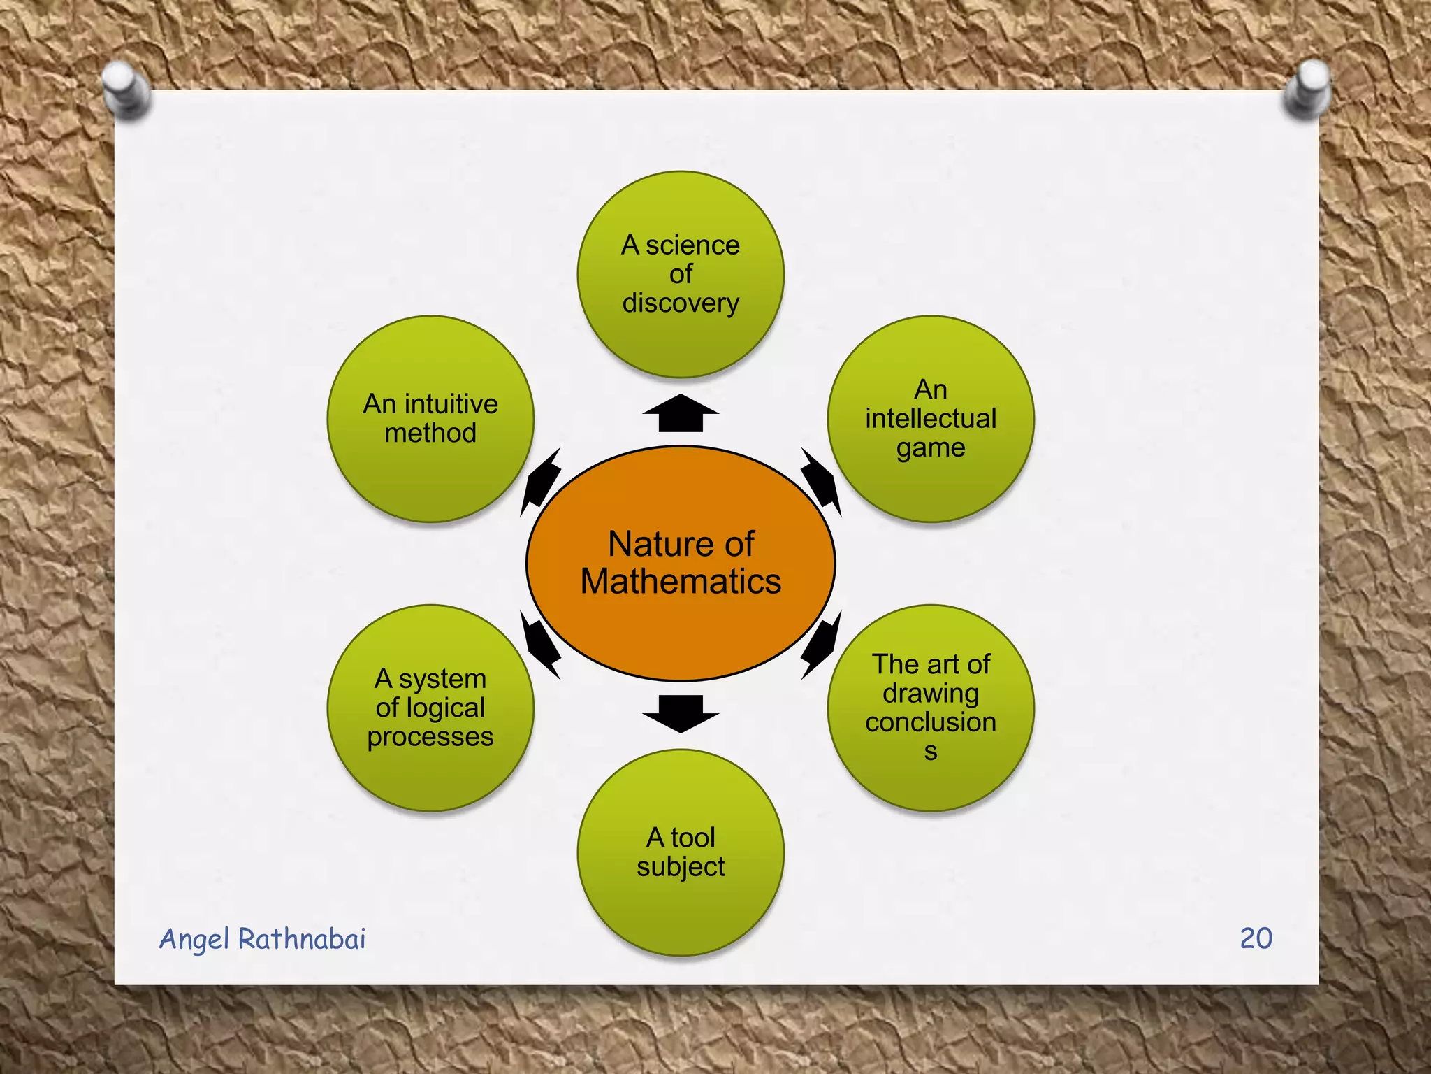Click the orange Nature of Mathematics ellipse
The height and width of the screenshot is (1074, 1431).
(x=681, y=629)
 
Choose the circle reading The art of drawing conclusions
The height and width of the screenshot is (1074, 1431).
(x=931, y=776)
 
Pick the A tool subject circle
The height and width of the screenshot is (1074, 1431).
(x=681, y=909)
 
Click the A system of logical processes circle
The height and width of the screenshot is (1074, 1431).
(x=430, y=776)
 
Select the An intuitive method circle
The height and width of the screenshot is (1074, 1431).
(x=430, y=475)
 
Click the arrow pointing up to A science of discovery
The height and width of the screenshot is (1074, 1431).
(x=681, y=413)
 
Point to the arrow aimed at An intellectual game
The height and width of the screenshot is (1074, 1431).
(x=820, y=482)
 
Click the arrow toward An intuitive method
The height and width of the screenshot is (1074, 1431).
(x=541, y=482)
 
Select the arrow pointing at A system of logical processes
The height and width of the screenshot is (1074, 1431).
(x=540, y=644)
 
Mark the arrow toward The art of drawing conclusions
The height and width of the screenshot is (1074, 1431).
(x=821, y=644)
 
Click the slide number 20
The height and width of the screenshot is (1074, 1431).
(x=1256, y=938)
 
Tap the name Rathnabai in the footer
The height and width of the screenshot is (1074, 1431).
(x=302, y=938)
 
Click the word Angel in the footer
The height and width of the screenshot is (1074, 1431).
(x=194, y=940)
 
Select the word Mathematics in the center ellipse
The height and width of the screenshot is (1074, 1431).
(x=681, y=581)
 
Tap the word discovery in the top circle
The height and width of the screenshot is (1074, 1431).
(x=681, y=303)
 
